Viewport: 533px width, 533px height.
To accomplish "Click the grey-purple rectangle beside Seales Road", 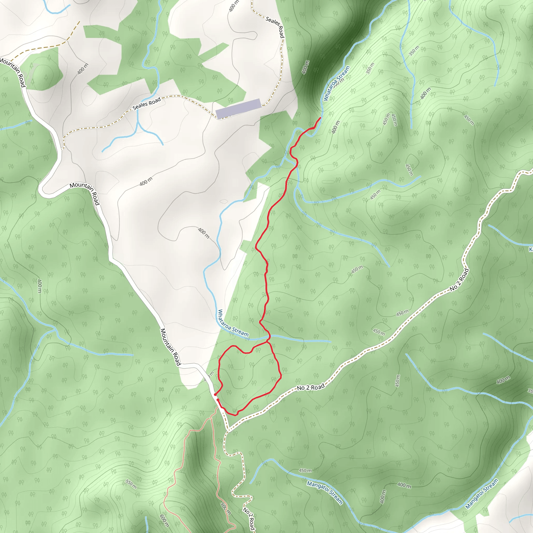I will (x=238, y=109).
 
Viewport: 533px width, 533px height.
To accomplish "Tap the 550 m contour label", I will (x=131, y=484).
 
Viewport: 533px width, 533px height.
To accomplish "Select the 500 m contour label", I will (x=225, y=509).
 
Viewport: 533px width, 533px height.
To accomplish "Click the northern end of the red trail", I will (x=320, y=118).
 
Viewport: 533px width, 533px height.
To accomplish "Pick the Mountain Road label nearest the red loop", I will (x=170, y=347).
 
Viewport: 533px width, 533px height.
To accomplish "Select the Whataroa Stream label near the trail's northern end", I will (x=336, y=83).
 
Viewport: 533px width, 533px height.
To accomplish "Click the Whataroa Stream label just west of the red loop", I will (x=233, y=323).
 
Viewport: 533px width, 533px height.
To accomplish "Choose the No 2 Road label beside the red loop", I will (x=310, y=387).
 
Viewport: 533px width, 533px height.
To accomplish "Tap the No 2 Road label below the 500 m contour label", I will (x=248, y=518).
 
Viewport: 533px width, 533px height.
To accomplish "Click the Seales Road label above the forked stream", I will (x=147, y=104).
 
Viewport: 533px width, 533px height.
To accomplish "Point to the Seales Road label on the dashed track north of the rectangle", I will (x=275, y=27).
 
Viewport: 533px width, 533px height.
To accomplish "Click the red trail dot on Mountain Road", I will (x=215, y=395).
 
